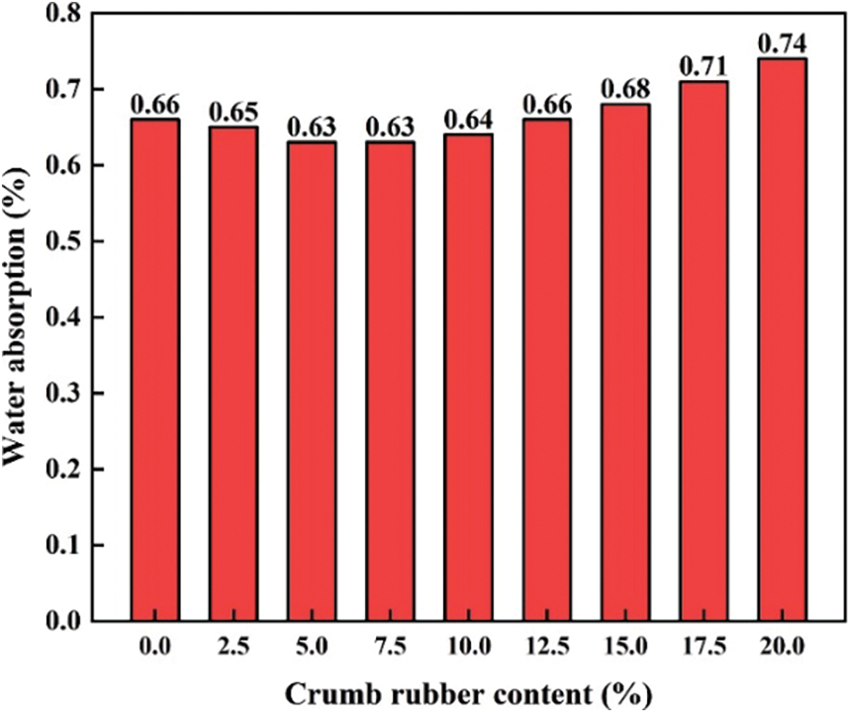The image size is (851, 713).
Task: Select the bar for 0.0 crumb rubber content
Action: tap(155, 370)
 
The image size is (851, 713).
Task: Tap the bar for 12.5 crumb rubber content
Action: tap(546, 370)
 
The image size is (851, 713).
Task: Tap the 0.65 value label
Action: tap(233, 112)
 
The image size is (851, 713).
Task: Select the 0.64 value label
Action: tap(468, 119)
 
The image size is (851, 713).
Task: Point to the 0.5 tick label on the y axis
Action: tap(91, 242)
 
